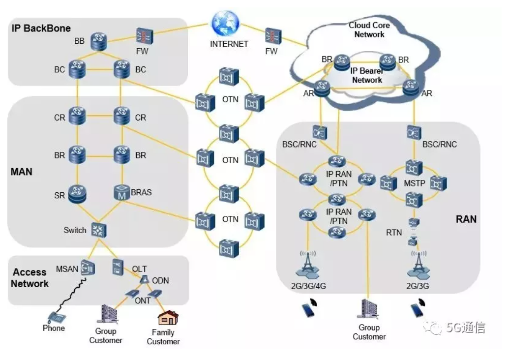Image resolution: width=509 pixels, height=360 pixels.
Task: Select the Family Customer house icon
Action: pyautogui.click(x=167, y=319)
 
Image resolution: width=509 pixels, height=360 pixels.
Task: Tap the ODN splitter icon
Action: pyautogui.click(x=145, y=279)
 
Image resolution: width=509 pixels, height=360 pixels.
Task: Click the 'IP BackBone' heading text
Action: pyautogui.click(x=41, y=28)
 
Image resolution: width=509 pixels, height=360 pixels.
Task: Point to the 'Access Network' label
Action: pyautogui.click(x=30, y=278)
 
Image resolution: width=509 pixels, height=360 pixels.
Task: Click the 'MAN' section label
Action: pyautogui.click(x=21, y=172)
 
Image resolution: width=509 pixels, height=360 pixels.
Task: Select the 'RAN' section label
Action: pyautogui.click(x=466, y=219)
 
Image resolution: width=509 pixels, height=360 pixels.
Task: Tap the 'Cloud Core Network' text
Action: pyautogui.click(x=369, y=30)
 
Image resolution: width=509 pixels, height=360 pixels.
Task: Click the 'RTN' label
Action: pyautogui.click(x=394, y=233)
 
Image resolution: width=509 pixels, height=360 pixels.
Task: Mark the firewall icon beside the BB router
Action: pyautogui.click(x=144, y=36)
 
